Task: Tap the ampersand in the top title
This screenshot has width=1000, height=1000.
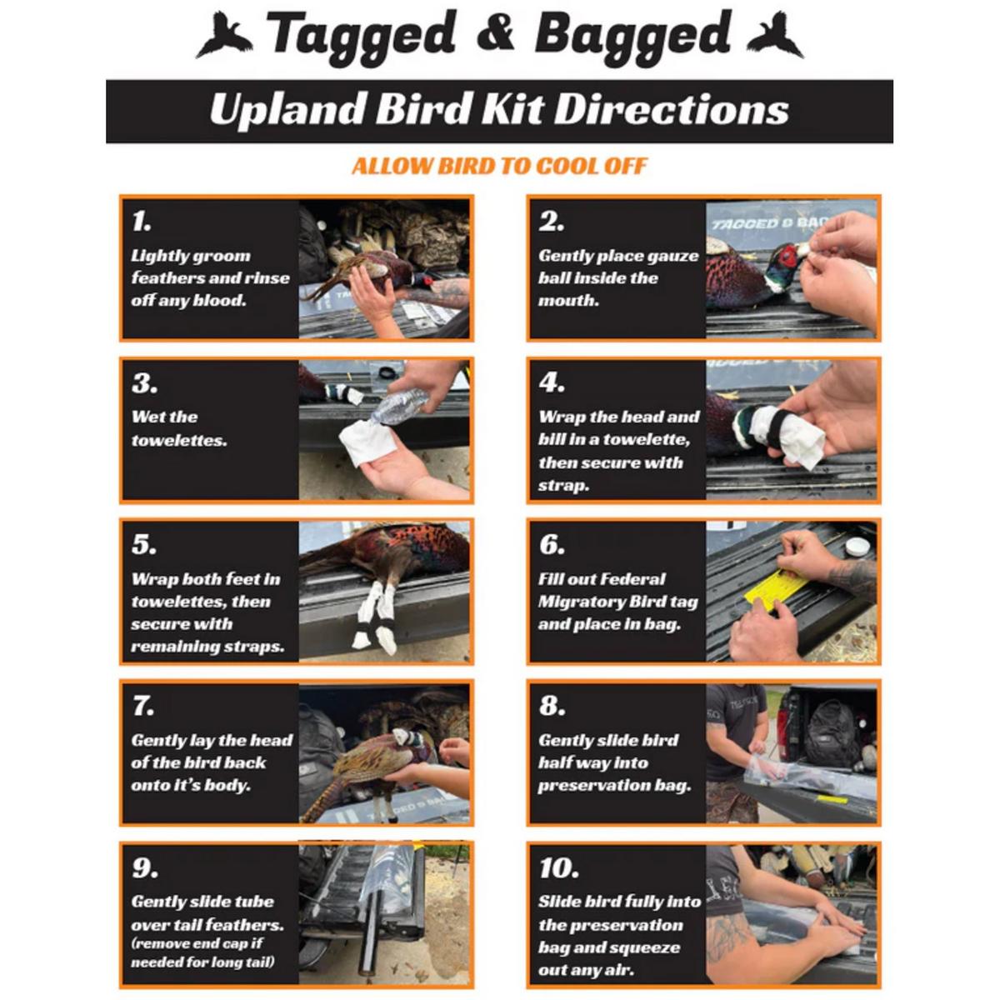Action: [495, 32]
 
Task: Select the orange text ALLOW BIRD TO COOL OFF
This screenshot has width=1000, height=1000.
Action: [499, 166]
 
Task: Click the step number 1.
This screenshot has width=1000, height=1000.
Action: [141, 222]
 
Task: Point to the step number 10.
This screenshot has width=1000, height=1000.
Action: [558, 867]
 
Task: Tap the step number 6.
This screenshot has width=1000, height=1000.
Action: [552, 544]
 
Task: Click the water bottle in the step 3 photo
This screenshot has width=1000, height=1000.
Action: [398, 409]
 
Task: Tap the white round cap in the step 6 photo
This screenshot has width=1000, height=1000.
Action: [857, 547]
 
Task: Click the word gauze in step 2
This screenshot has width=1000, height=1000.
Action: [673, 257]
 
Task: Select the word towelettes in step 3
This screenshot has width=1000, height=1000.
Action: [179, 441]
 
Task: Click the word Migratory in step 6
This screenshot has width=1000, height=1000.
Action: [576, 602]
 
